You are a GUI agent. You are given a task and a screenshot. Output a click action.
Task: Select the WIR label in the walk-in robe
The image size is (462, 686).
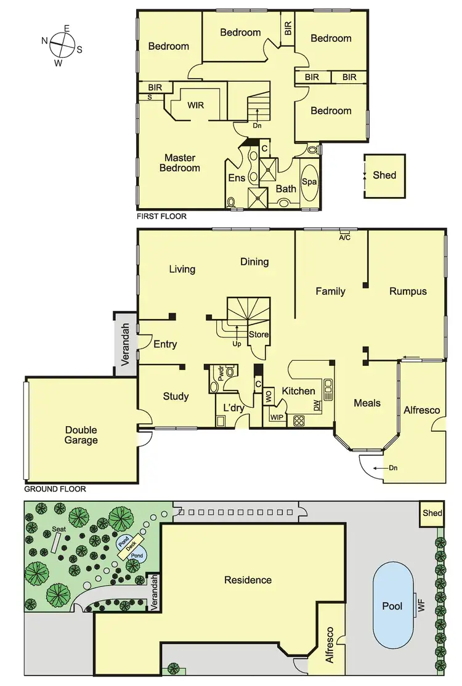point(196,105)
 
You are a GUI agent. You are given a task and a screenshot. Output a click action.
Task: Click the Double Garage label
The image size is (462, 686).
point(81,435)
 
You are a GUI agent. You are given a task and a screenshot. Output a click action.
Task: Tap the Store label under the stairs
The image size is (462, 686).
point(259,335)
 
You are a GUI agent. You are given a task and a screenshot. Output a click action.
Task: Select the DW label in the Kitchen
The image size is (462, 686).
point(317,406)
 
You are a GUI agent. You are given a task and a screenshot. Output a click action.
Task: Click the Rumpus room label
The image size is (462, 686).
point(408,291)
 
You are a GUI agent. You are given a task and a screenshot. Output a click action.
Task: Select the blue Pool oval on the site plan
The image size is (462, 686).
point(392,606)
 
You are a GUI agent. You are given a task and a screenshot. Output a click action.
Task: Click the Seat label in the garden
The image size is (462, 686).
point(59,529)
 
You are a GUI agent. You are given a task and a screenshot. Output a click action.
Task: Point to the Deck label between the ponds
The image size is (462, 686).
point(130,546)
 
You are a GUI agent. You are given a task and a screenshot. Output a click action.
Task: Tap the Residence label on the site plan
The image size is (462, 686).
point(248,579)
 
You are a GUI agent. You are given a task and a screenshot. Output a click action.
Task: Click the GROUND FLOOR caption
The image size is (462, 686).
point(54,490)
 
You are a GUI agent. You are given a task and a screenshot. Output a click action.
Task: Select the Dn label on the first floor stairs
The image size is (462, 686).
point(257,126)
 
